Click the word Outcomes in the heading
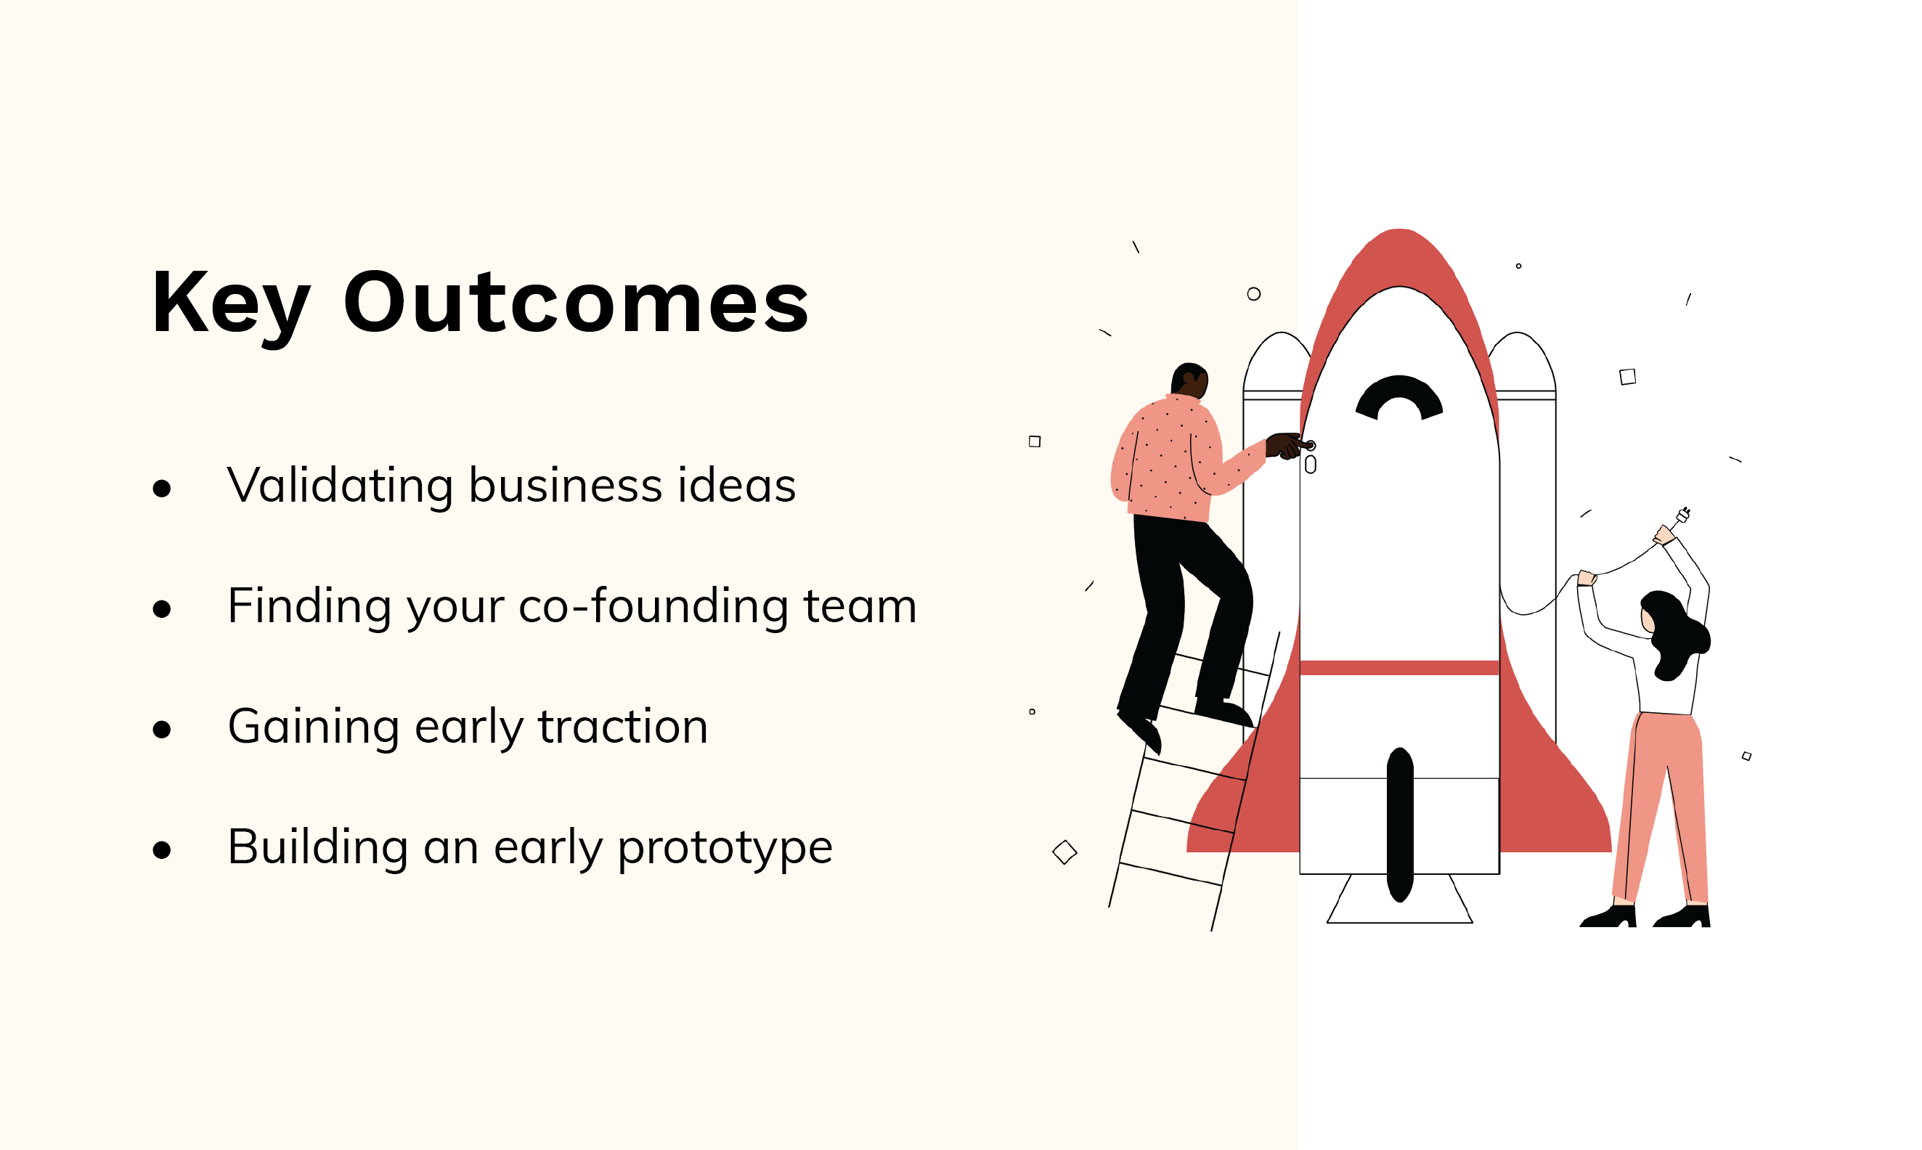(x=576, y=302)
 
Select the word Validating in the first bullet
(x=339, y=486)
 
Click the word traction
(x=623, y=726)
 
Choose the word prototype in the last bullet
(x=725, y=848)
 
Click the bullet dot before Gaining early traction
(x=162, y=729)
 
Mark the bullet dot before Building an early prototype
(x=162, y=850)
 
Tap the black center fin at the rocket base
(x=1400, y=825)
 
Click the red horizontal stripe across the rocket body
(x=1399, y=668)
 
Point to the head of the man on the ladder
(x=1189, y=380)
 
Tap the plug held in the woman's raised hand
(x=1682, y=515)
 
